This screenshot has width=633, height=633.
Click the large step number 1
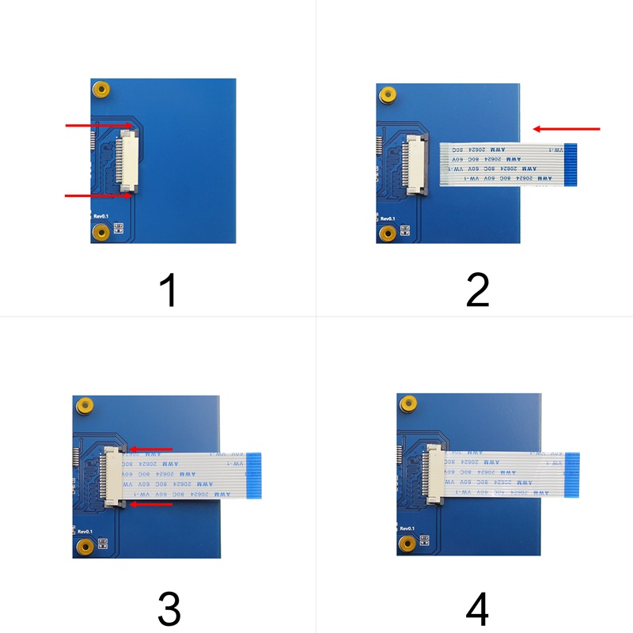click(168, 290)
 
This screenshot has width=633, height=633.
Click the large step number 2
click(477, 290)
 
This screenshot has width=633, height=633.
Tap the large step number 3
click(169, 608)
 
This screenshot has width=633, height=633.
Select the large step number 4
click(477, 608)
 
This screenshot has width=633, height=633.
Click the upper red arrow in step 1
click(99, 125)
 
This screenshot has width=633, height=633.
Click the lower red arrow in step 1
click(99, 195)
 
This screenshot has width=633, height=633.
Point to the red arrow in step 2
click(567, 128)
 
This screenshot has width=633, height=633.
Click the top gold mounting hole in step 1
click(100, 89)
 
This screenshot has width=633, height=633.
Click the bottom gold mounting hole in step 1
click(100, 232)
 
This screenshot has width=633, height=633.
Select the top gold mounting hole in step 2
click(387, 95)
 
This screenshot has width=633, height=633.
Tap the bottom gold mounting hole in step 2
click(387, 233)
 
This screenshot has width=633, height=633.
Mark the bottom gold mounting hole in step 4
click(407, 544)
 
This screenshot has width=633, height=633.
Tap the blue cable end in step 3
click(254, 476)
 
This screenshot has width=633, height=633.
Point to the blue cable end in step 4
click(572, 476)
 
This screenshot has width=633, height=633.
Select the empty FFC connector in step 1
click(128, 161)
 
